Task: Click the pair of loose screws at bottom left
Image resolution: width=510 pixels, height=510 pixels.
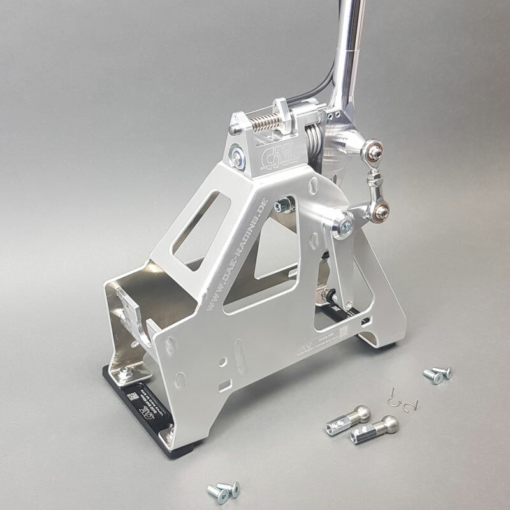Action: [x=222, y=490]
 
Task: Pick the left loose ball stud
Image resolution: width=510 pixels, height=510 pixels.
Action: [x=348, y=417]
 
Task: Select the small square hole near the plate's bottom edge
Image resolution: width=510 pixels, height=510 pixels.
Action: [x=222, y=385]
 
